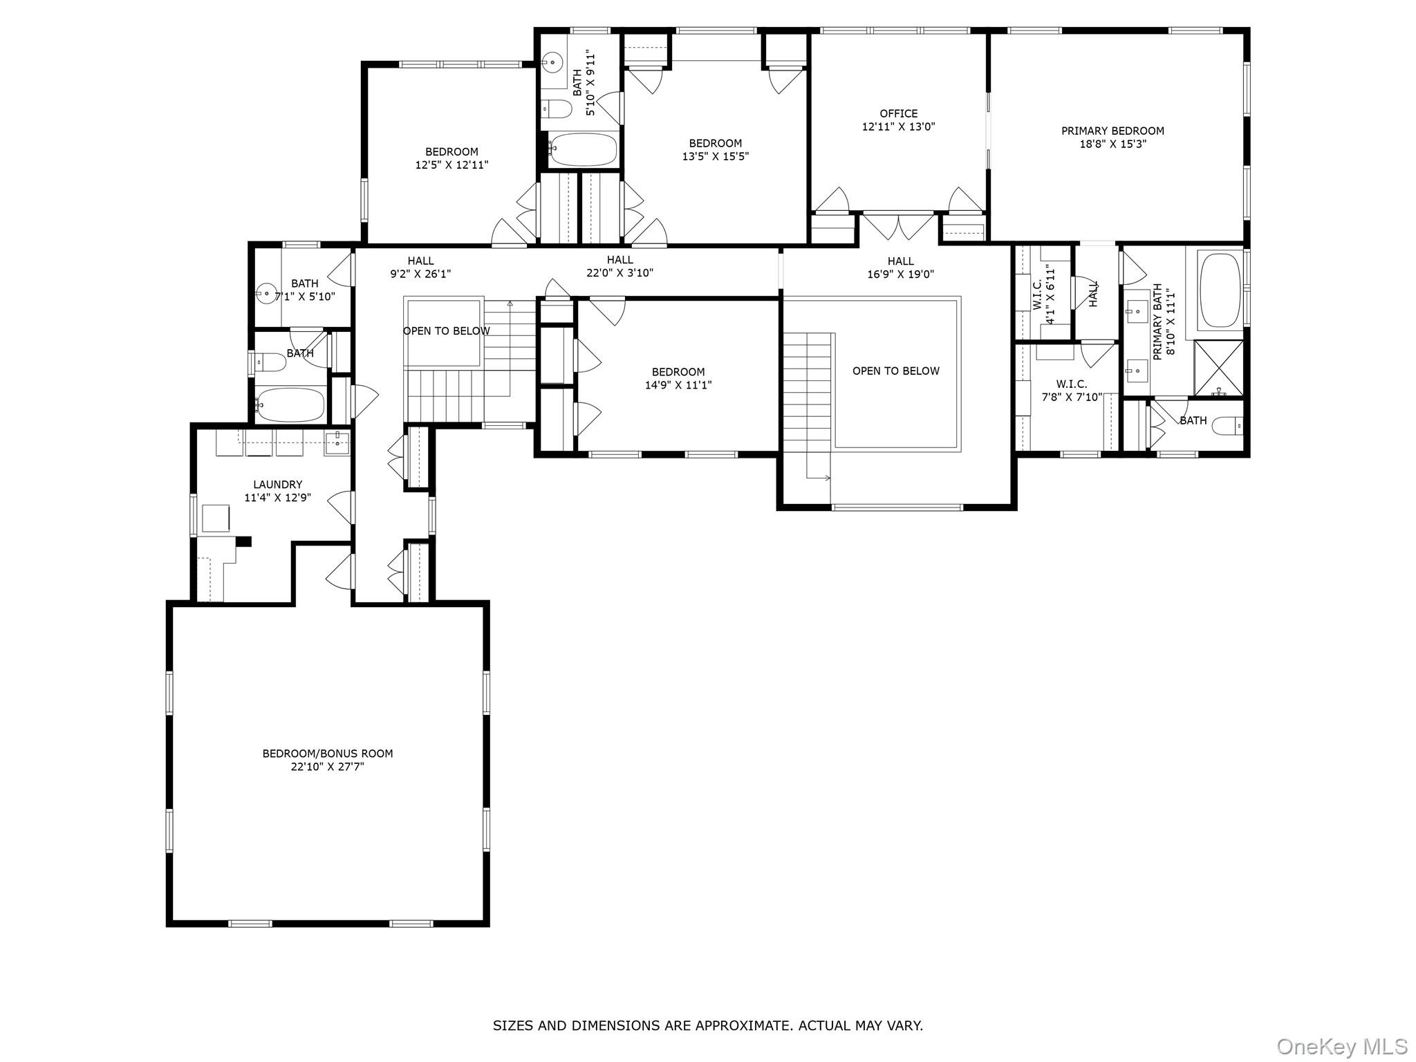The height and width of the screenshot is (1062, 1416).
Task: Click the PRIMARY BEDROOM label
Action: pos(1112,131)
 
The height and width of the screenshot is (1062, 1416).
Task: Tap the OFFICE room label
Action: pos(898,113)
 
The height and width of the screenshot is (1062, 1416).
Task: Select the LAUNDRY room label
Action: pos(277,485)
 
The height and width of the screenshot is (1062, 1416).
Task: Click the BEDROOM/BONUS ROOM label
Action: pos(327,754)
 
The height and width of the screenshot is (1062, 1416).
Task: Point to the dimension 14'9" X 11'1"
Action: pos(678,385)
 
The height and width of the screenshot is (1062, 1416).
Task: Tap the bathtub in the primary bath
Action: pos(1220,290)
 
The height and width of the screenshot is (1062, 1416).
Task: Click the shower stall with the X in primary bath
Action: pos(1218,369)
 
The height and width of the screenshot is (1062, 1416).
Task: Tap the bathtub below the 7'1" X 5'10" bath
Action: pos(290,405)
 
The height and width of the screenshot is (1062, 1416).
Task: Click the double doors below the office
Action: pos(898,227)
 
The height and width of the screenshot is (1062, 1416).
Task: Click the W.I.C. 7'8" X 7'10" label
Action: pos(1071,391)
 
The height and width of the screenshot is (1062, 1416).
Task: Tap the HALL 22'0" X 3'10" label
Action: pos(619,266)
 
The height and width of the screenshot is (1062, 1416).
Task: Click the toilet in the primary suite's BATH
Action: pos(1227,425)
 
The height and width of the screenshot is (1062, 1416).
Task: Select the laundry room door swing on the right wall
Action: pos(340,507)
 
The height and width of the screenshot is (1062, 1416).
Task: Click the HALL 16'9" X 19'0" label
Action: pos(900,268)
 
